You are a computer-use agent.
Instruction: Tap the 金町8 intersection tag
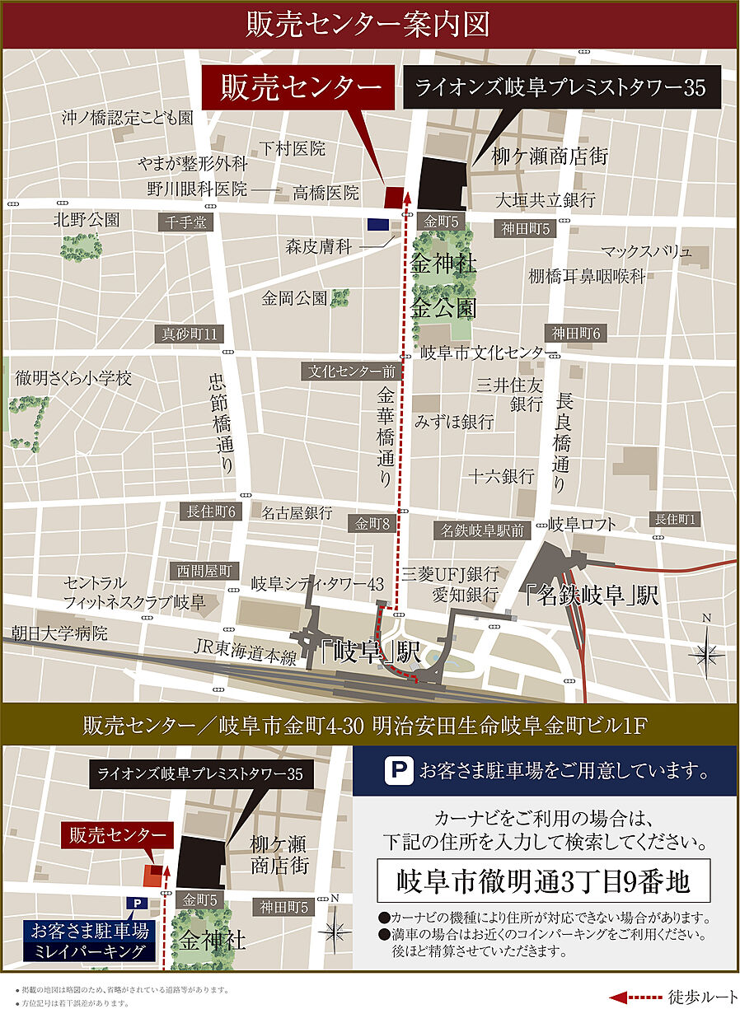373,523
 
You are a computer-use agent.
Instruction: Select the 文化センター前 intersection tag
352,371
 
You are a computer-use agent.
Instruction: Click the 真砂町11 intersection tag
190,334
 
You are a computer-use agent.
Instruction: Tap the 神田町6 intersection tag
576,334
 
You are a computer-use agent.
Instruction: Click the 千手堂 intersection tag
185,222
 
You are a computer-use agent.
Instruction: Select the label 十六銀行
501,476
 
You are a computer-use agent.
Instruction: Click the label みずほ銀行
454,422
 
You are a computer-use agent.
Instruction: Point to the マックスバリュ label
645,252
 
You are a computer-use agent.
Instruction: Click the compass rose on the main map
706,654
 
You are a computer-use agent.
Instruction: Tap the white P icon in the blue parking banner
397,771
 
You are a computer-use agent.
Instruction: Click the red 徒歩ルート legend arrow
636,997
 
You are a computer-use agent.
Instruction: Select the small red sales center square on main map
395,197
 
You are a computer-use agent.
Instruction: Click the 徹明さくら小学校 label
73,379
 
